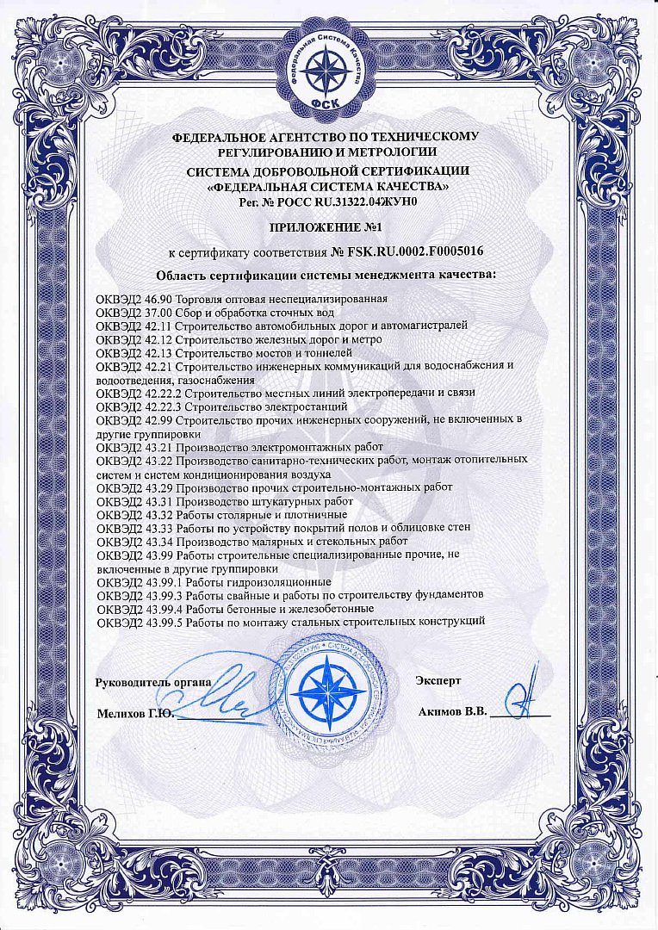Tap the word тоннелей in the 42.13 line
pos(329,352)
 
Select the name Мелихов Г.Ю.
pos(136,714)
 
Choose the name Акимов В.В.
pos(452,713)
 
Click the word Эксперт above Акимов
pos(438,680)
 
